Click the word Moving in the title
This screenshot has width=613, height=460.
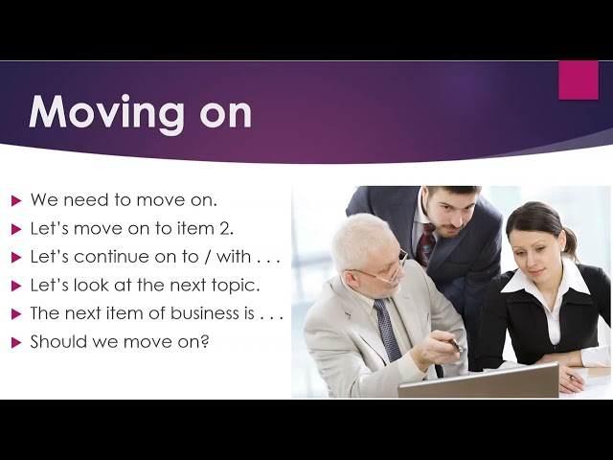point(106,113)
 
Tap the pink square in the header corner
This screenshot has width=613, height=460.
point(579,80)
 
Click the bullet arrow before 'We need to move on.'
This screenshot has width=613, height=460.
point(16,201)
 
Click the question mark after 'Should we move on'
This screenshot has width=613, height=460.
point(204,341)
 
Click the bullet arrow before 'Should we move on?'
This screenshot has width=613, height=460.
point(16,343)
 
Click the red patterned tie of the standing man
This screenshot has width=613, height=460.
point(427,243)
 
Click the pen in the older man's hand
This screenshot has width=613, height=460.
point(453,345)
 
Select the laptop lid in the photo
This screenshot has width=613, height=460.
point(479,380)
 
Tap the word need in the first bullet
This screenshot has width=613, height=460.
point(86,200)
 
